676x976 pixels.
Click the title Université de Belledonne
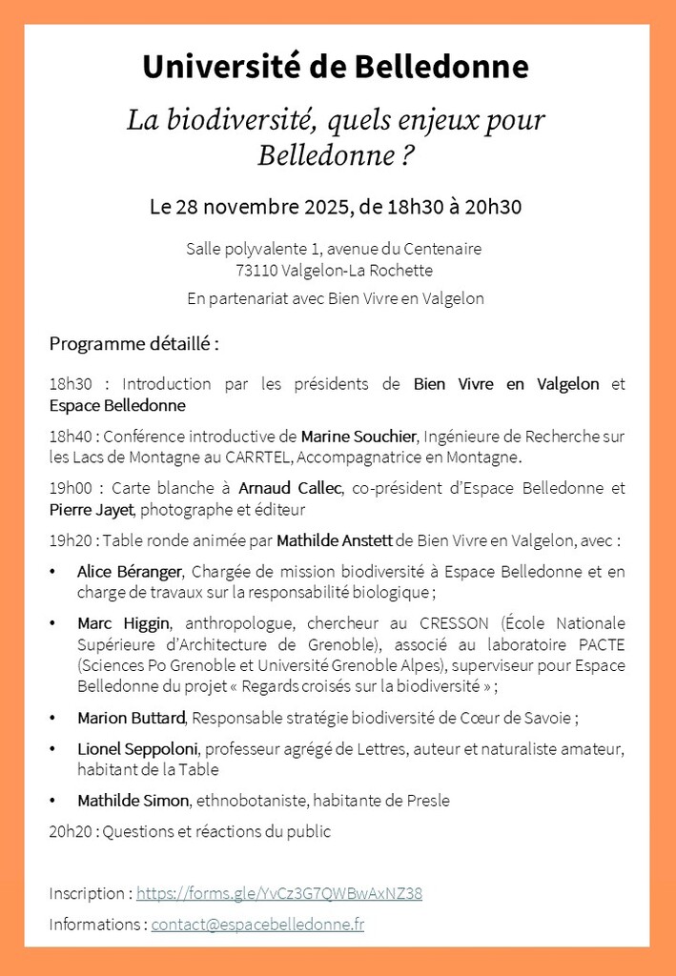(336, 68)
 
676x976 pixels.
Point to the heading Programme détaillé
(133, 343)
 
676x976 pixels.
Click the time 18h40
(70, 437)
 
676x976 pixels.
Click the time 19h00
(70, 488)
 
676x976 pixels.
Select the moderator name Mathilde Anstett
(334, 540)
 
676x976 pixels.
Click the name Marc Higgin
(123, 623)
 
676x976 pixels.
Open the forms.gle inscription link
(278, 893)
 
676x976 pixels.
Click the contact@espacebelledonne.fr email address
(257, 924)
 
